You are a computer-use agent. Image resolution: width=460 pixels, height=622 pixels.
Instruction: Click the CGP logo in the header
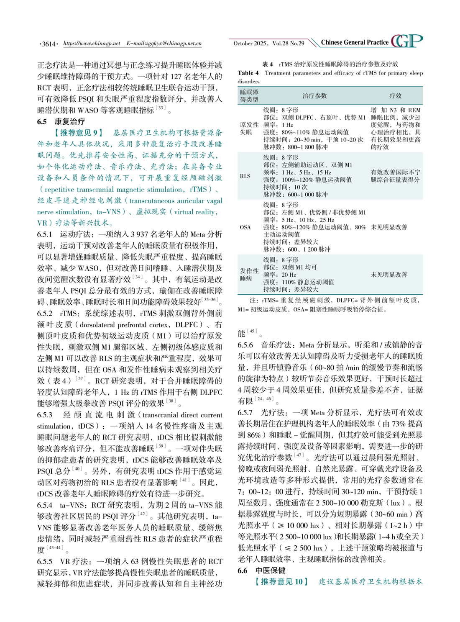[406, 41]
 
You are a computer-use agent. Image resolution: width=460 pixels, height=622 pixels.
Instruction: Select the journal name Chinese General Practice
[355, 42]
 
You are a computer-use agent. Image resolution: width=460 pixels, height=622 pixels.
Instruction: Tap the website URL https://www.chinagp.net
[92, 44]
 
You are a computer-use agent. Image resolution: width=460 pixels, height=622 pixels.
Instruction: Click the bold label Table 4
[248, 73]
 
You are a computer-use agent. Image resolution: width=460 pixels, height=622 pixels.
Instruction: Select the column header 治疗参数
[314, 96]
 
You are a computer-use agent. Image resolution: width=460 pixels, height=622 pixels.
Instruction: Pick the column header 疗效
[395, 96]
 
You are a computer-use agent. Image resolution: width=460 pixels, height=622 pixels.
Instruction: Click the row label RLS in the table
[245, 176]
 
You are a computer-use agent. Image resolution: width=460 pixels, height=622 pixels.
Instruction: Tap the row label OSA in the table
[245, 227]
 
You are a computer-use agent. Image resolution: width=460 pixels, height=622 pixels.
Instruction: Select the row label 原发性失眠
[249, 129]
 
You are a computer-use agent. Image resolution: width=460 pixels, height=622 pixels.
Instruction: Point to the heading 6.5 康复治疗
[61, 121]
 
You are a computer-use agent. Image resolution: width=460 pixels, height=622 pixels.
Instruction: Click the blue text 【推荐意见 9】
[78, 133]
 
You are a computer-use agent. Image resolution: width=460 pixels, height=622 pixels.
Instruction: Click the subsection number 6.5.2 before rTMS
[45, 313]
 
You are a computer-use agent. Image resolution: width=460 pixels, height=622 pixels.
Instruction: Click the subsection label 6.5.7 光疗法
[261, 413]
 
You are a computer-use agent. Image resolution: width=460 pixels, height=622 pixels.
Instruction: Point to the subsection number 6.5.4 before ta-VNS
[45, 505]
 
